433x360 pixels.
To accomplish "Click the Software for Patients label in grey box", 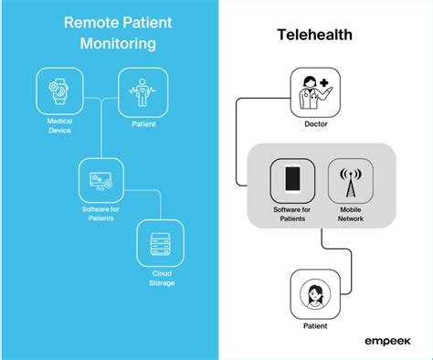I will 291,214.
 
